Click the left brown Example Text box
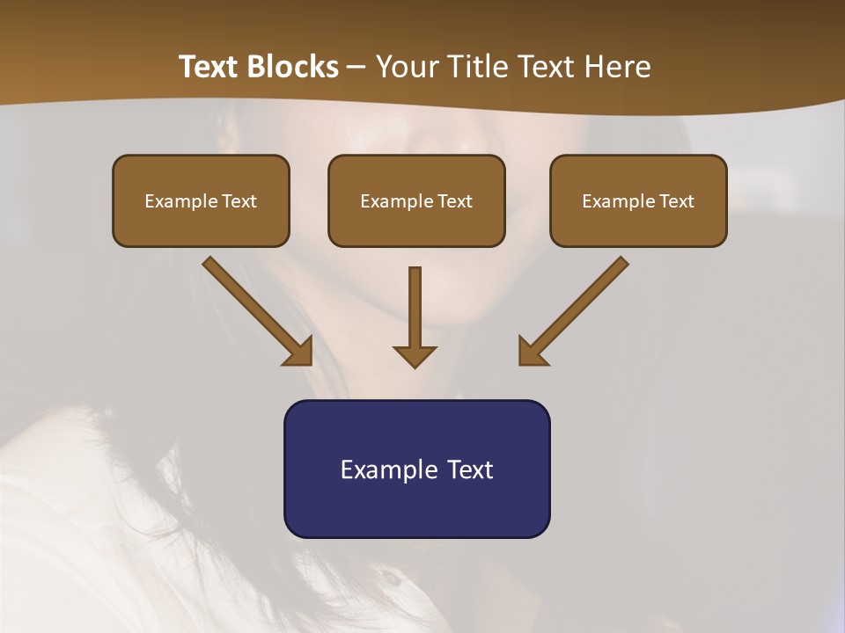pos(201,200)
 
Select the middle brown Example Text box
pos(416,200)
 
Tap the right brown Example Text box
pos(638,200)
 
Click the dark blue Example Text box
pos(416,469)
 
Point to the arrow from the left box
pos(255,308)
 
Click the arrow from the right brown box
pos(577,308)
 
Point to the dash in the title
pos(356,67)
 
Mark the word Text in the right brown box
pos(677,201)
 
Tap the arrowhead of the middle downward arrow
pos(415,356)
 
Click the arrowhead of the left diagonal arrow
pos(300,353)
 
